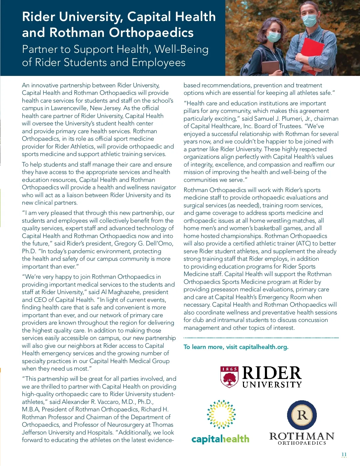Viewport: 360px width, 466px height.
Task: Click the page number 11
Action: [x=344, y=454]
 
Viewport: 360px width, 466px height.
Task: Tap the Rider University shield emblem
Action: [x=229, y=377]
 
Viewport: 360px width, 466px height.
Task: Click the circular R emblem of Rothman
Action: [x=302, y=415]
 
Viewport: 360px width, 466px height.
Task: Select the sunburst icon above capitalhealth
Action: [x=221, y=414]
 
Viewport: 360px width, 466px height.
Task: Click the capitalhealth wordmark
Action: [x=220, y=439]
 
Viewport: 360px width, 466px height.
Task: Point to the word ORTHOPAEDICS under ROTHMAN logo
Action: [x=302, y=443]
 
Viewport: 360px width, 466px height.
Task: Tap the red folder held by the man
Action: [x=312, y=54]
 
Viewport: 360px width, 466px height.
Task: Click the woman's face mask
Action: [x=273, y=37]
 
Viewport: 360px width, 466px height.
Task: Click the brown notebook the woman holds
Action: [x=270, y=68]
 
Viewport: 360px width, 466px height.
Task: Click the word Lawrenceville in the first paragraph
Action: [x=69, y=108]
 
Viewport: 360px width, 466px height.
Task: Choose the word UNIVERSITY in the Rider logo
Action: [x=272, y=384]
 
